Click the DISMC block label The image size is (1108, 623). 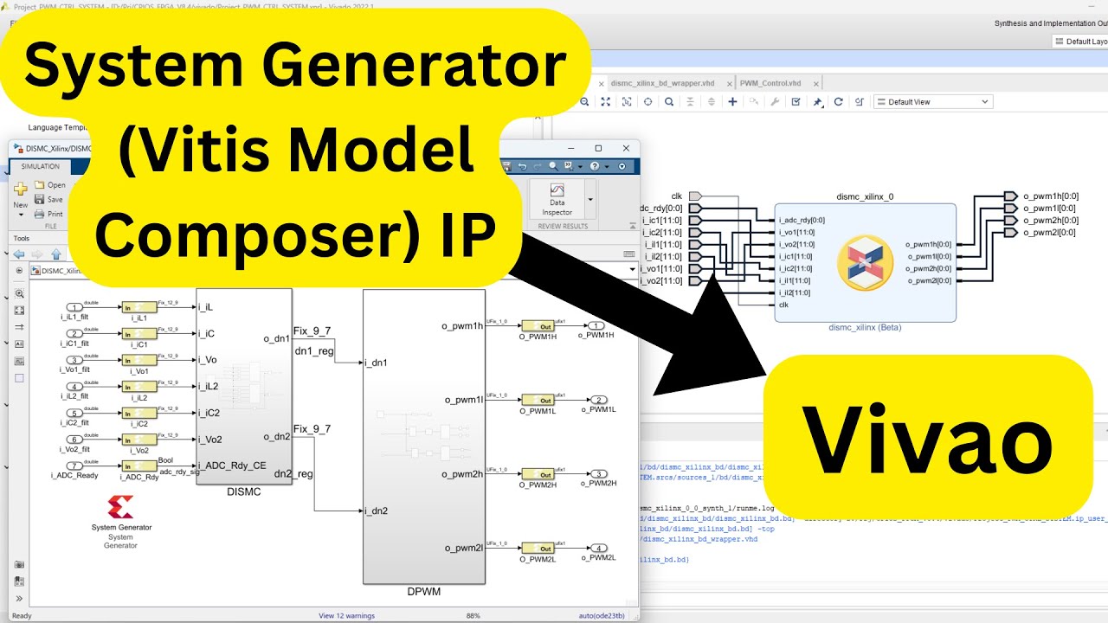[x=243, y=491]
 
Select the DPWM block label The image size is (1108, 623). [x=424, y=592]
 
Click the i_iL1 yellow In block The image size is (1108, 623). [x=138, y=307]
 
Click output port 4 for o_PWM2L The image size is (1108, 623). [x=598, y=548]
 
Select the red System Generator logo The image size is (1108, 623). [x=120, y=507]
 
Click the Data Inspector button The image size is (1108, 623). [x=557, y=200]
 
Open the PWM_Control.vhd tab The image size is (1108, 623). [x=770, y=83]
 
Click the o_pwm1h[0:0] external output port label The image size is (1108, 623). [x=1050, y=196]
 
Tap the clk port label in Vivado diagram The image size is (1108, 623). [x=677, y=196]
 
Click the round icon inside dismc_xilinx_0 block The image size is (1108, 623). [x=865, y=262]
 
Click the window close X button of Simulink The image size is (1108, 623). [x=626, y=149]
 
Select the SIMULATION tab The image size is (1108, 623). [x=41, y=166]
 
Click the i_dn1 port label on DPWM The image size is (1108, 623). [x=377, y=362]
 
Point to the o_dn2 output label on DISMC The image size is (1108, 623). [x=276, y=435]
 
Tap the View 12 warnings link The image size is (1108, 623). [x=346, y=616]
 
